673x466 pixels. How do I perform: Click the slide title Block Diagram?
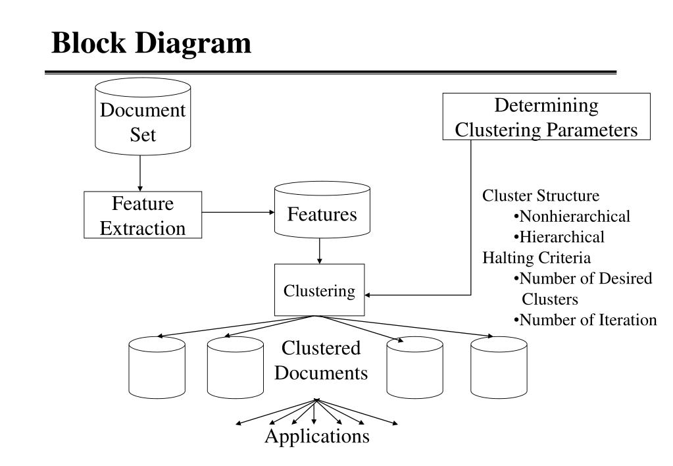(x=151, y=43)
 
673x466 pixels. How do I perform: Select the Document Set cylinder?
(x=143, y=116)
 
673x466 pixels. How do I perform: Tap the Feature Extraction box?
(x=143, y=215)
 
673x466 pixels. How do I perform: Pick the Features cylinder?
(x=322, y=209)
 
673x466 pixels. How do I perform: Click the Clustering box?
(x=319, y=290)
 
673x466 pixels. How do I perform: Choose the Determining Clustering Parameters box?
(x=547, y=116)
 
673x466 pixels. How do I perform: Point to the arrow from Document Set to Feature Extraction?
(x=140, y=173)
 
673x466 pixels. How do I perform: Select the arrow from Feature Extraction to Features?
(x=238, y=212)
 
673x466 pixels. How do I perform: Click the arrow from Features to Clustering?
(x=319, y=251)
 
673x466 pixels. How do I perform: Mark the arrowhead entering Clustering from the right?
(x=367, y=295)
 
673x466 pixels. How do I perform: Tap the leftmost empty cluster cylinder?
(x=157, y=367)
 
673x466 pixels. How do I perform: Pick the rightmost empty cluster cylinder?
(x=499, y=367)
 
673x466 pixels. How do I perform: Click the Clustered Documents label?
(x=321, y=360)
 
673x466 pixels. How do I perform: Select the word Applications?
(x=317, y=436)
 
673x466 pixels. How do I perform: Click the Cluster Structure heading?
(x=541, y=195)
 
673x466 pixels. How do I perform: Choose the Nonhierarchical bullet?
(x=572, y=216)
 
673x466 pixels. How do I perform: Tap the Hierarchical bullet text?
(x=559, y=237)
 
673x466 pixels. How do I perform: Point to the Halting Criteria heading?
(x=537, y=258)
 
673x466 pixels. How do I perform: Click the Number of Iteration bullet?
(x=585, y=320)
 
